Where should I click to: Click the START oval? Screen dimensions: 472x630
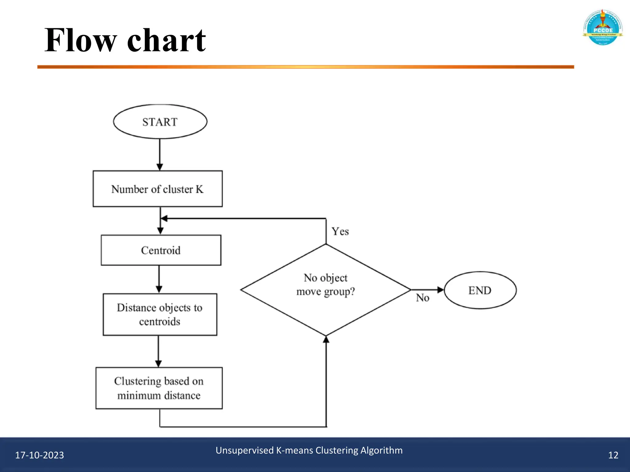[x=160, y=122]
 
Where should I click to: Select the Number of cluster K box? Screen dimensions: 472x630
[x=157, y=189]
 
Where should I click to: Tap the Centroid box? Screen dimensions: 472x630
[x=161, y=250]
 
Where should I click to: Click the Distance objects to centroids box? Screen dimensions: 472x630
[x=160, y=314]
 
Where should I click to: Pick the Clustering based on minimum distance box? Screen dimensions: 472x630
[x=159, y=388]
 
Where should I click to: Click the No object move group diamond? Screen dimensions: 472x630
[x=325, y=290]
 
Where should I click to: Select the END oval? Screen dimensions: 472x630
[x=480, y=290]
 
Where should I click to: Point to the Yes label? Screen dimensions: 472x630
[x=340, y=231]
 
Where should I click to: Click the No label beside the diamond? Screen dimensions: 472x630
[x=422, y=298]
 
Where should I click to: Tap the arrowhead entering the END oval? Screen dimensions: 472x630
[x=441, y=290]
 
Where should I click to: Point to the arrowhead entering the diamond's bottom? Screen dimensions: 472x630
[x=326, y=339]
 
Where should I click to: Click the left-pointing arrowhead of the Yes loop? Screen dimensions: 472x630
[x=164, y=218]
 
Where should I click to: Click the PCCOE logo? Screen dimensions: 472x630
[x=603, y=28]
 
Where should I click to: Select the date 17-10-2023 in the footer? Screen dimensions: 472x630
[x=39, y=455]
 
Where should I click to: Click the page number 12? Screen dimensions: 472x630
[x=613, y=455]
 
